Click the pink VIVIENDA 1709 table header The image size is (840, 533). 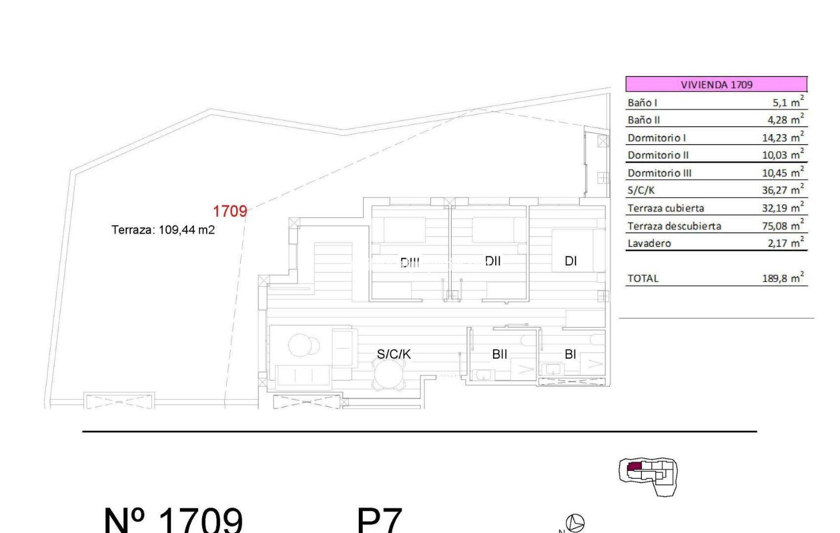716,84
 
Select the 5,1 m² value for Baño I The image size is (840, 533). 788,102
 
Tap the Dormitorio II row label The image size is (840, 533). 658,155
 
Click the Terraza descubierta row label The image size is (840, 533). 674,226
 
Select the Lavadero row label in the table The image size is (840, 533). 649,243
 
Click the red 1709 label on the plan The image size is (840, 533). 230,211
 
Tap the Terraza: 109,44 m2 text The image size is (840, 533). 163,230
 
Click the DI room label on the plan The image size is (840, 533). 571,261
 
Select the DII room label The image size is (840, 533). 493,261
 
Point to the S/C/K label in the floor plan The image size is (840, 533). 394,354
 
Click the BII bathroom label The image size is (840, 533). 500,354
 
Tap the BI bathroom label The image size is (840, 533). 570,354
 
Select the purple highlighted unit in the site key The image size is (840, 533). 633,467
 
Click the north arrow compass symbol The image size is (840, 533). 575,523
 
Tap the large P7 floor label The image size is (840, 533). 379,521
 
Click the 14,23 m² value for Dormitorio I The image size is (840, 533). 783,138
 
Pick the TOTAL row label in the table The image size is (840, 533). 643,278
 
